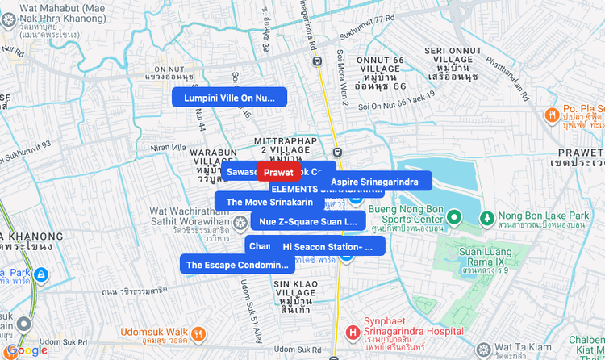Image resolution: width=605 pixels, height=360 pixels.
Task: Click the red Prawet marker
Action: coord(278,172)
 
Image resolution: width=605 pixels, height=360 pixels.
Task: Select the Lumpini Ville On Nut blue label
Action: coord(229,98)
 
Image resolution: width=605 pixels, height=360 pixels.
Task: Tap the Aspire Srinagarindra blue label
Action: coord(374,182)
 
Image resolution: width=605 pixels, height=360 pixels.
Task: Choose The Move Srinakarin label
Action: coord(269,202)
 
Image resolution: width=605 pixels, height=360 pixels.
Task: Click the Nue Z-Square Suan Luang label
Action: coord(307,220)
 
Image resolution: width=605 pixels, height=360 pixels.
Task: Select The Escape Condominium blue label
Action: coord(236,264)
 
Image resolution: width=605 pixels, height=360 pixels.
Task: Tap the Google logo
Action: coord(27,350)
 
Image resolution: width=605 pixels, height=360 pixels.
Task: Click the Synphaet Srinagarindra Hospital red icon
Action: coord(353,331)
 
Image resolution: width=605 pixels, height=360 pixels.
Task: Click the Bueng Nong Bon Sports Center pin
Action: coord(454,216)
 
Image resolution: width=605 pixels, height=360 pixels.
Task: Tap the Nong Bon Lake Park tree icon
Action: coord(486,216)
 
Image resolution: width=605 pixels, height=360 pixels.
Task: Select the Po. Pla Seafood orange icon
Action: coord(552,115)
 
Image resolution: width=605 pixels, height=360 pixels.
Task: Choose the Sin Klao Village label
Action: coord(292,292)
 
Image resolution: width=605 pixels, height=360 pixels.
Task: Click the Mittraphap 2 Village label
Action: coord(285,146)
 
